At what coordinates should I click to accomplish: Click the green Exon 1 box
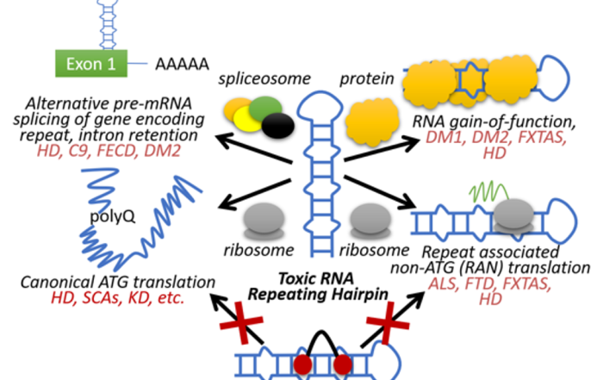tap(91, 64)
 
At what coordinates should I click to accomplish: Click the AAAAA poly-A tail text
tap(182, 65)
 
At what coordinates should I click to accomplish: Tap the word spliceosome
tap(264, 79)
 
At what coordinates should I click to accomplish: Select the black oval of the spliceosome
tap(278, 126)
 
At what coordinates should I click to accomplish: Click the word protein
tap(367, 79)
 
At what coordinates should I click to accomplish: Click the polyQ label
tap(112, 216)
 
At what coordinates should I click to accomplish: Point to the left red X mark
tap(241, 322)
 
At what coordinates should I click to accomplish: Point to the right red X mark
tap(388, 322)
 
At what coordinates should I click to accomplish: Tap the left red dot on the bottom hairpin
tap(302, 364)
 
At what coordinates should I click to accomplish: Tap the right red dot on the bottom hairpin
tap(343, 364)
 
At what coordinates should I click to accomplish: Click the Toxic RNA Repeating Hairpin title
tap(318, 287)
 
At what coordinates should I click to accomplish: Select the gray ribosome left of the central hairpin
tap(264, 221)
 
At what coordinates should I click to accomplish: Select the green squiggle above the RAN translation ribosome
tap(489, 191)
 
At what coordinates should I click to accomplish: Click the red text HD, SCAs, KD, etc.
tap(118, 298)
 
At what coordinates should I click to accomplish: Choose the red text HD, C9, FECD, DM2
tap(109, 151)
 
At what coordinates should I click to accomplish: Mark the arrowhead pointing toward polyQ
tap(227, 202)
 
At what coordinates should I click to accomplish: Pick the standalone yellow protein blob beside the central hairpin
tap(371, 121)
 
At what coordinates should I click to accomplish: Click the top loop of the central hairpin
tap(320, 104)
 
